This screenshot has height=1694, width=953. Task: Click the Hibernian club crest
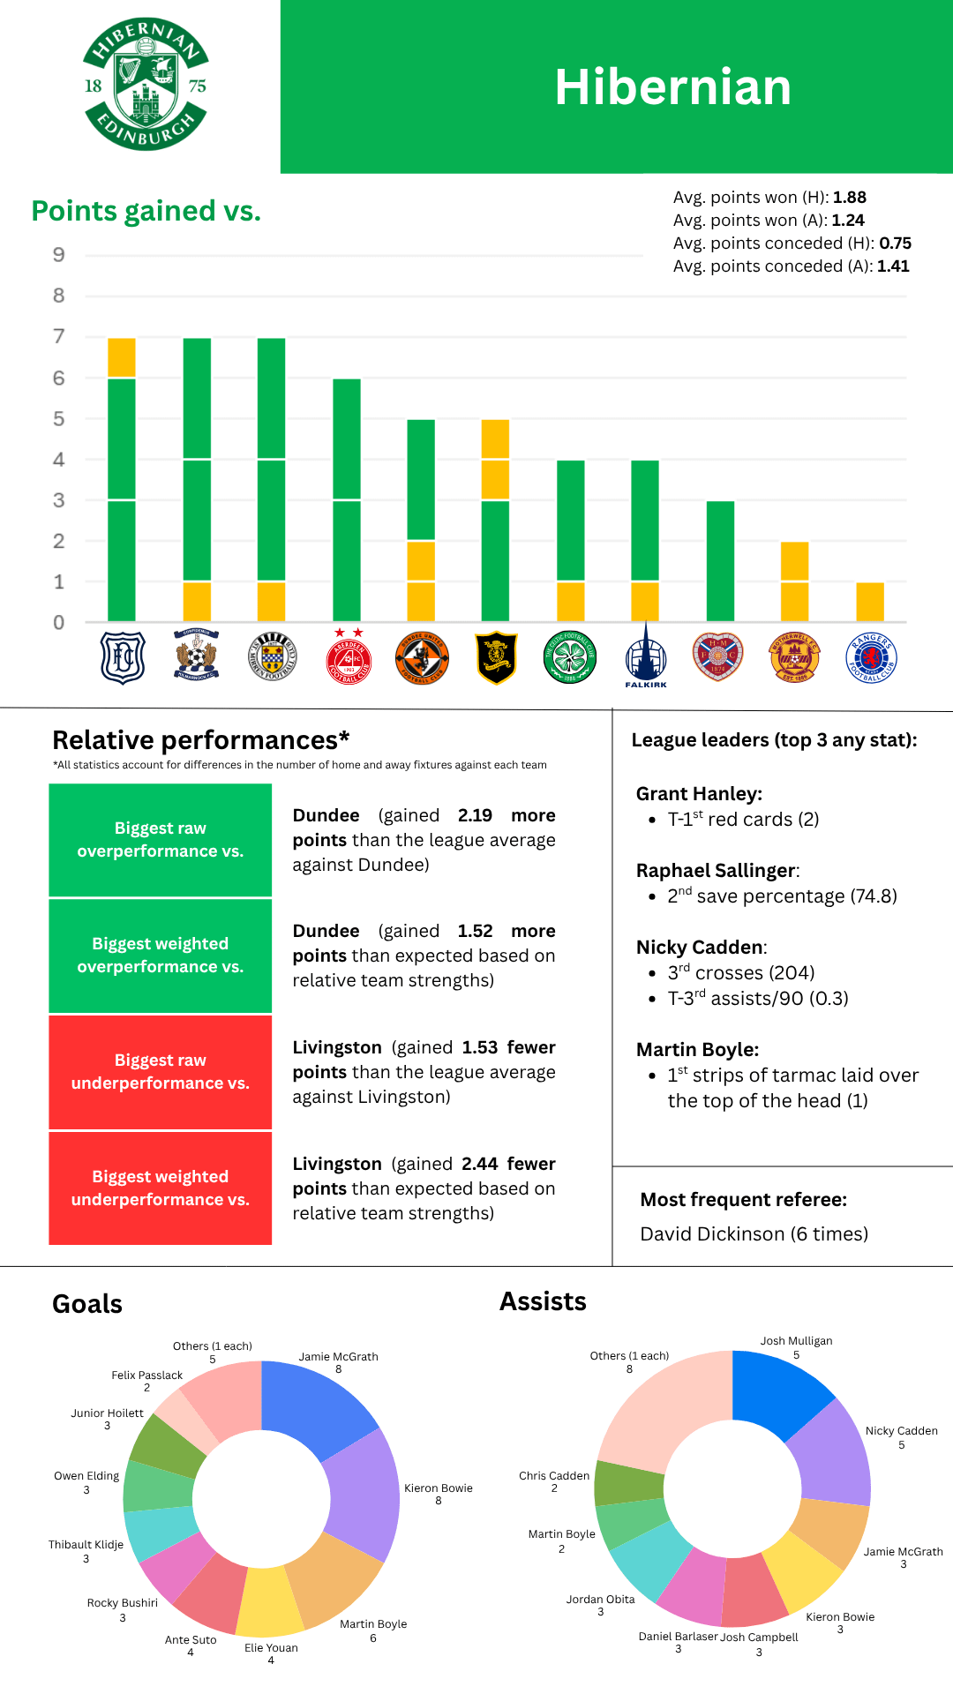coord(145,85)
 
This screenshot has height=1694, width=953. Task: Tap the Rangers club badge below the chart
coord(871,658)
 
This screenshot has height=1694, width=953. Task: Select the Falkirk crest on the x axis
coord(646,657)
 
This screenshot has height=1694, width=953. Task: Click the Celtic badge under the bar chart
coord(571,658)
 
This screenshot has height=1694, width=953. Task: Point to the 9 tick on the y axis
coord(59,255)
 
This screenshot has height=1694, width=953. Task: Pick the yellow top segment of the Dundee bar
coord(122,357)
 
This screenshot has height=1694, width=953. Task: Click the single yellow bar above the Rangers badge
coord(870,602)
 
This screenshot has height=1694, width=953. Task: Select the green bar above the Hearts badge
coord(720,561)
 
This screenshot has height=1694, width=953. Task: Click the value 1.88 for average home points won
coord(850,198)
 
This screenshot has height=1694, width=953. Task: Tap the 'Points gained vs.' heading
coord(146,212)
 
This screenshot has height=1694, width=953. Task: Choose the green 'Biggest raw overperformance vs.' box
coord(160,840)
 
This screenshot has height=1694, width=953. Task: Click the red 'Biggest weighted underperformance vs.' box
coord(160,1188)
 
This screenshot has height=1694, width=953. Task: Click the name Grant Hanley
coord(699,794)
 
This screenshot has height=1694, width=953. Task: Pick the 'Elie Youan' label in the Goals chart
coord(271,1647)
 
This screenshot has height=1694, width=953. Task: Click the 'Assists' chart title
coord(543,1301)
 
